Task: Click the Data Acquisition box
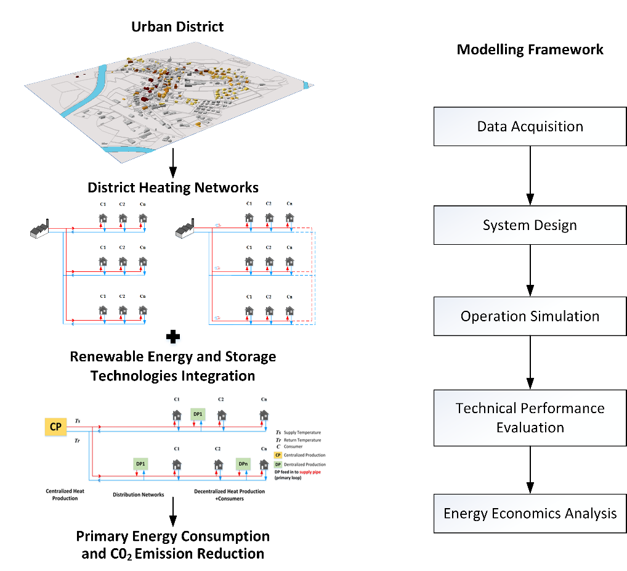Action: point(530,127)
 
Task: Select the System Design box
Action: point(530,224)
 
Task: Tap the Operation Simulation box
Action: point(530,316)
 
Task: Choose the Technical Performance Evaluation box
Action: point(530,417)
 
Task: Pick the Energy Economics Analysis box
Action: point(530,513)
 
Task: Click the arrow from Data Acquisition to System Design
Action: point(530,176)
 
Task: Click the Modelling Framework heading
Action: point(530,49)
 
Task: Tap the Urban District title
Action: point(177,27)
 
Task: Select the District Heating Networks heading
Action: point(173,187)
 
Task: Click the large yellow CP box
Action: point(56,426)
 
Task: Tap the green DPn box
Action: point(243,464)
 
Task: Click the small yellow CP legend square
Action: point(278,454)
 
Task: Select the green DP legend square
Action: point(278,464)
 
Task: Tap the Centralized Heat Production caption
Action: point(62,495)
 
